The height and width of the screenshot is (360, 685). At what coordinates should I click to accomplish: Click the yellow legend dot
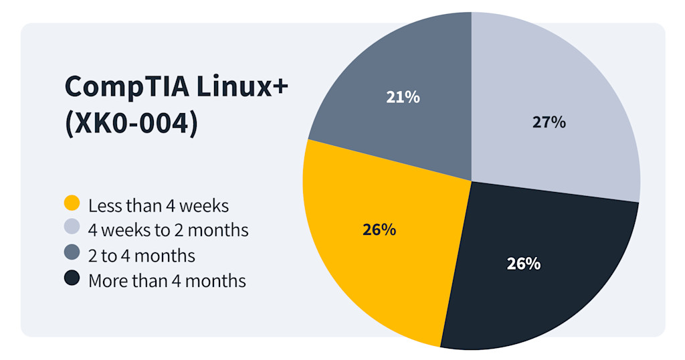click(72, 203)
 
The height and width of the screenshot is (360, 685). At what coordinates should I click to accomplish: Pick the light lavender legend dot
click(72, 228)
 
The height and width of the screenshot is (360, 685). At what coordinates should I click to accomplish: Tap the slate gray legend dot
click(72, 254)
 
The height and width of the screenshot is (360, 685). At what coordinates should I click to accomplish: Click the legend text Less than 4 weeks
click(159, 205)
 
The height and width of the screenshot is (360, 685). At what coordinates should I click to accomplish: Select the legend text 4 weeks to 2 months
click(168, 230)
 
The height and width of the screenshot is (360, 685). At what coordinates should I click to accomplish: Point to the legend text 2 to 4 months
click(142, 255)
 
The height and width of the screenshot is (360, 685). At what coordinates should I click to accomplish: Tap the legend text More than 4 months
click(167, 280)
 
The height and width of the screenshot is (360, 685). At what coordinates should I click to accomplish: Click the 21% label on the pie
click(403, 97)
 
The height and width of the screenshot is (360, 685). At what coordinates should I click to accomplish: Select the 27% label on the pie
click(549, 122)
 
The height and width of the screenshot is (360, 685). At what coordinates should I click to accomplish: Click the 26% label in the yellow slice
click(379, 230)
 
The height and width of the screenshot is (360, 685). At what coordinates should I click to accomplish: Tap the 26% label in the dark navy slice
click(523, 264)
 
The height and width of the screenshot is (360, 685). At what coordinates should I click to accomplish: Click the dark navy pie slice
click(535, 294)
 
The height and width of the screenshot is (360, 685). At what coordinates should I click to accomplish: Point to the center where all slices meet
click(472, 181)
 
